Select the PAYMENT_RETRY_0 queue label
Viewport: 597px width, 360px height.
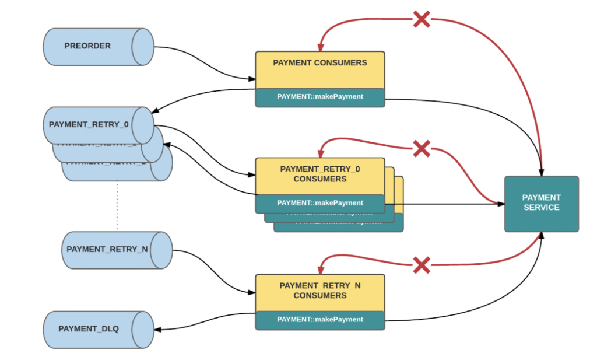tap(89, 124)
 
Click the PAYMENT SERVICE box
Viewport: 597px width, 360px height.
tap(541, 203)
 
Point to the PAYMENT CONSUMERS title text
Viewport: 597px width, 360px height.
tap(319, 62)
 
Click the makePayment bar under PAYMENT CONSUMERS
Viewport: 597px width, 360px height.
tap(319, 97)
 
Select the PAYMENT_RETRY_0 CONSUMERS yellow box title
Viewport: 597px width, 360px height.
tap(319, 174)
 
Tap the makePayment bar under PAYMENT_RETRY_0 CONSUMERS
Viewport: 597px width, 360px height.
tap(319, 203)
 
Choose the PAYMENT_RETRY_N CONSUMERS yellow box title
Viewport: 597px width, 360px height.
tap(319, 291)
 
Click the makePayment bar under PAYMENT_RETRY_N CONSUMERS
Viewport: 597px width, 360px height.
tap(319, 320)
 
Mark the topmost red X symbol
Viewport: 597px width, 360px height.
tap(422, 19)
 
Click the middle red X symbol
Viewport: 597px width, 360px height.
tap(422, 149)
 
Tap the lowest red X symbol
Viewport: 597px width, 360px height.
tap(422, 265)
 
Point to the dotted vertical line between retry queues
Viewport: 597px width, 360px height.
tap(117, 204)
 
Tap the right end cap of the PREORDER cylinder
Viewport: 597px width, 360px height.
tap(143, 46)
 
